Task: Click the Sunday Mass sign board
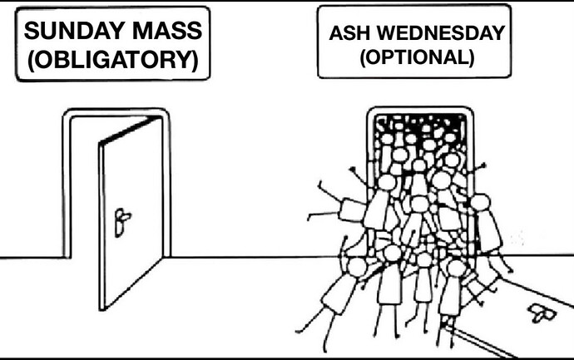coord(112,47)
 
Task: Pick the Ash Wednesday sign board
coord(417,47)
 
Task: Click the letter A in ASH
coord(336,34)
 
